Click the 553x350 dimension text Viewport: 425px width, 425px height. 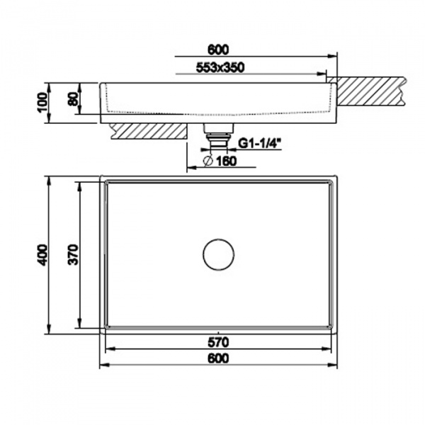pyautogui.click(x=220, y=67)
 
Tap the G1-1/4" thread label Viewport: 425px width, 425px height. pyautogui.click(x=259, y=144)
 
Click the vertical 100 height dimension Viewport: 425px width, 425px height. pyautogui.click(x=42, y=103)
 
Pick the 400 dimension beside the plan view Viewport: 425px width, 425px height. pyautogui.click(x=42, y=254)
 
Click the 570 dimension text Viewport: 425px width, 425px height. pyautogui.click(x=218, y=342)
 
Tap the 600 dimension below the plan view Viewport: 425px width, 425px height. pyautogui.click(x=218, y=358)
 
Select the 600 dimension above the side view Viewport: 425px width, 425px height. pyautogui.click(x=218, y=50)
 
